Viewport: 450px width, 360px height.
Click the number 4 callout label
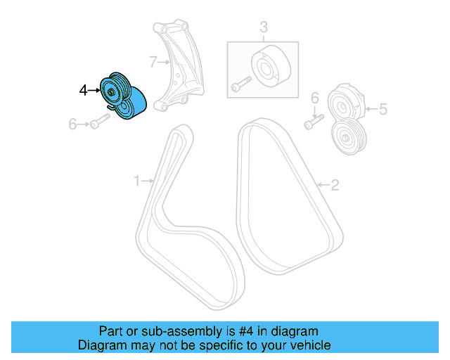pyautogui.click(x=83, y=90)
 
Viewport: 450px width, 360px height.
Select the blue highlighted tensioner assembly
pyautogui.click(x=124, y=97)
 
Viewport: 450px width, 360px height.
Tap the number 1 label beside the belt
pyautogui.click(x=137, y=181)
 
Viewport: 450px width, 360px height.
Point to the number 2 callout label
pyautogui.click(x=335, y=186)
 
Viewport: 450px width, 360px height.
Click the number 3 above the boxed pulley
pyautogui.click(x=264, y=28)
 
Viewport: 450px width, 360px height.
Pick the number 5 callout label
pyautogui.click(x=383, y=109)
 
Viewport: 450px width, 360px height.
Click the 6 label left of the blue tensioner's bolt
pyautogui.click(x=72, y=124)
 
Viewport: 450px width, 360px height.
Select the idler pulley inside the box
pyautogui.click(x=268, y=67)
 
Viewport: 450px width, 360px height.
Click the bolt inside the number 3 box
pyautogui.click(x=239, y=84)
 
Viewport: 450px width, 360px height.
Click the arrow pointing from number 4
pyautogui.click(x=94, y=90)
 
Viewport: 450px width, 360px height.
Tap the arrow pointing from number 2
pyautogui.click(x=323, y=186)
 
